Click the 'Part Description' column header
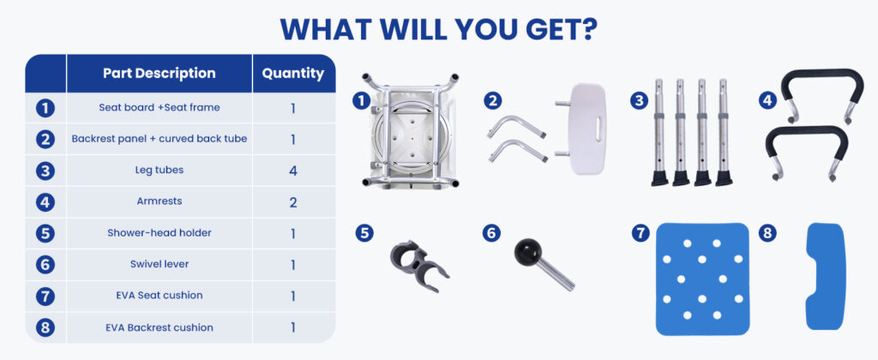tap(159, 74)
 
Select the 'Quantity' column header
tap(293, 74)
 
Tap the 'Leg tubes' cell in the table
tap(159, 170)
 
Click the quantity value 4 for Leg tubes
tap(293, 171)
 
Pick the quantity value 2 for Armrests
tap(293, 202)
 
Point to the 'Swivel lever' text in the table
tap(159, 264)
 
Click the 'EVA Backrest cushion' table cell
tap(159, 327)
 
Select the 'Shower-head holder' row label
tap(159, 232)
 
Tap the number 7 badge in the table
tap(45, 297)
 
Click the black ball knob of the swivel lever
tap(527, 252)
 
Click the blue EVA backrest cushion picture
tap(824, 277)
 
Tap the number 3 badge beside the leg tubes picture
tap(639, 101)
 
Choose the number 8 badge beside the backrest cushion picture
tap(767, 232)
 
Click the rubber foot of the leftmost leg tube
tap(659, 178)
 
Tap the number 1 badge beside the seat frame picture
tap(361, 101)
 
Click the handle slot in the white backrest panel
tap(598, 129)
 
